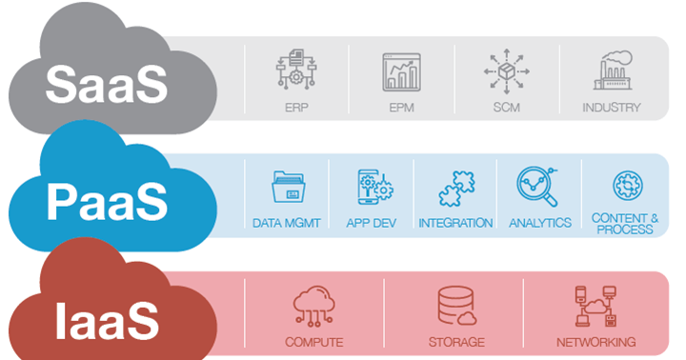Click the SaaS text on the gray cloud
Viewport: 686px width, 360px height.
coord(106,84)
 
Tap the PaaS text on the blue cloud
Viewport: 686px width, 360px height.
coord(108,202)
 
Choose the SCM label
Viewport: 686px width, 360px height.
coord(506,108)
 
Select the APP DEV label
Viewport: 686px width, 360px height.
coord(372,224)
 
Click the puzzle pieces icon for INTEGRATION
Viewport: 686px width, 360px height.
coord(455,189)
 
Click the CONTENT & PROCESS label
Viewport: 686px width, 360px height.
coord(624,224)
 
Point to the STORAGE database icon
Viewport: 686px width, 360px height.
coord(455,305)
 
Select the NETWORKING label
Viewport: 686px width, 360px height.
coord(596,342)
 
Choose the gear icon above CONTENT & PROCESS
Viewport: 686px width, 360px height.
coord(624,186)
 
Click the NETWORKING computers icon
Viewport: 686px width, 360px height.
coord(595,306)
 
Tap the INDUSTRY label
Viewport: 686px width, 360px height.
coord(611,108)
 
